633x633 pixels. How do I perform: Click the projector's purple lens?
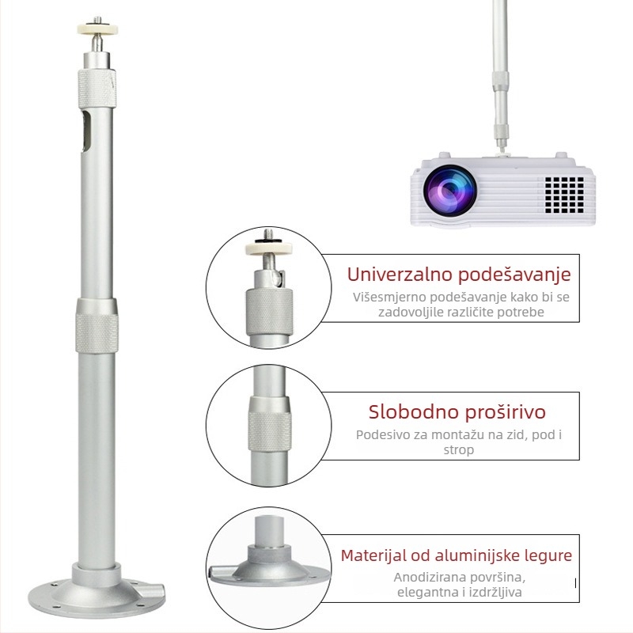click(x=449, y=191)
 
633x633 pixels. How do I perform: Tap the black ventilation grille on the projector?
click(x=564, y=195)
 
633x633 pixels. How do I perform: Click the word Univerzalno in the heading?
click(x=400, y=274)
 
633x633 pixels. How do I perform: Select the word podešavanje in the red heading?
click(x=515, y=275)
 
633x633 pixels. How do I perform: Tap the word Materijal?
click(x=373, y=555)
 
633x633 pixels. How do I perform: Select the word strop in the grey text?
click(x=459, y=449)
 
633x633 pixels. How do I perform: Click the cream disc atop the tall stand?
click(x=97, y=29)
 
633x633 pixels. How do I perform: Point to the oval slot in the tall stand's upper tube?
click(x=85, y=132)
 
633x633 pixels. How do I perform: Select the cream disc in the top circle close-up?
click(x=268, y=247)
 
